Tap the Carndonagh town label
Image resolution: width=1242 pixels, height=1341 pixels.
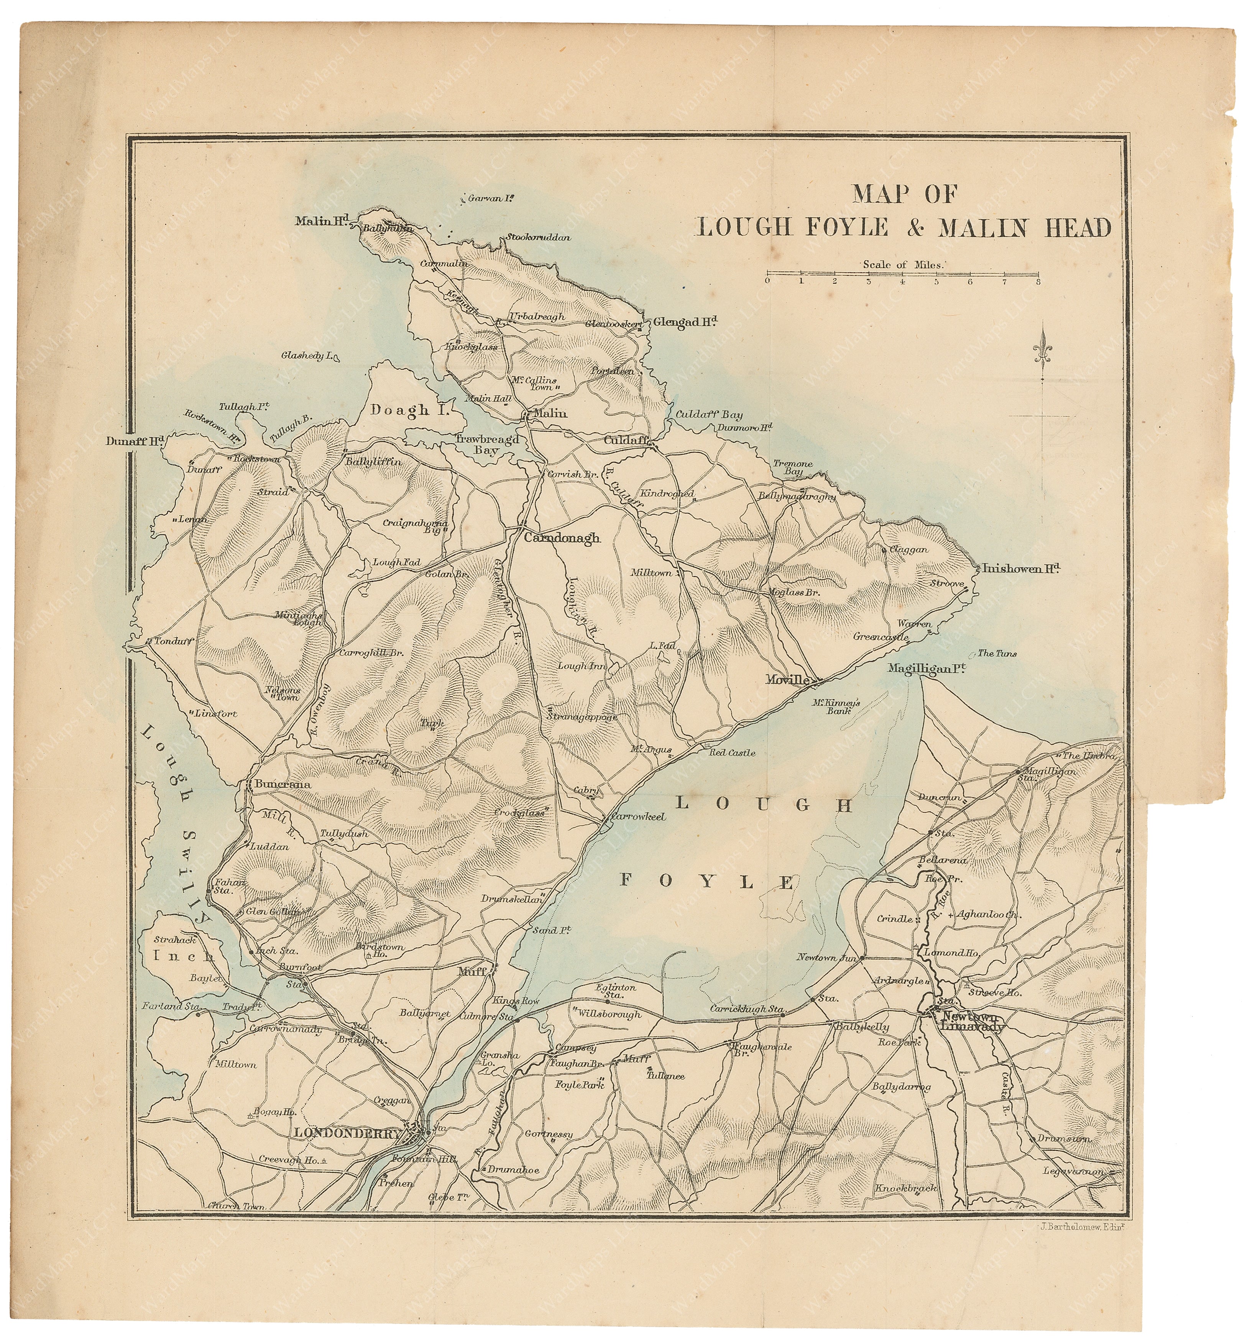click(x=562, y=538)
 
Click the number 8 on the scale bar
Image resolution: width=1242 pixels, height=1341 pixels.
click(x=1038, y=282)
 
